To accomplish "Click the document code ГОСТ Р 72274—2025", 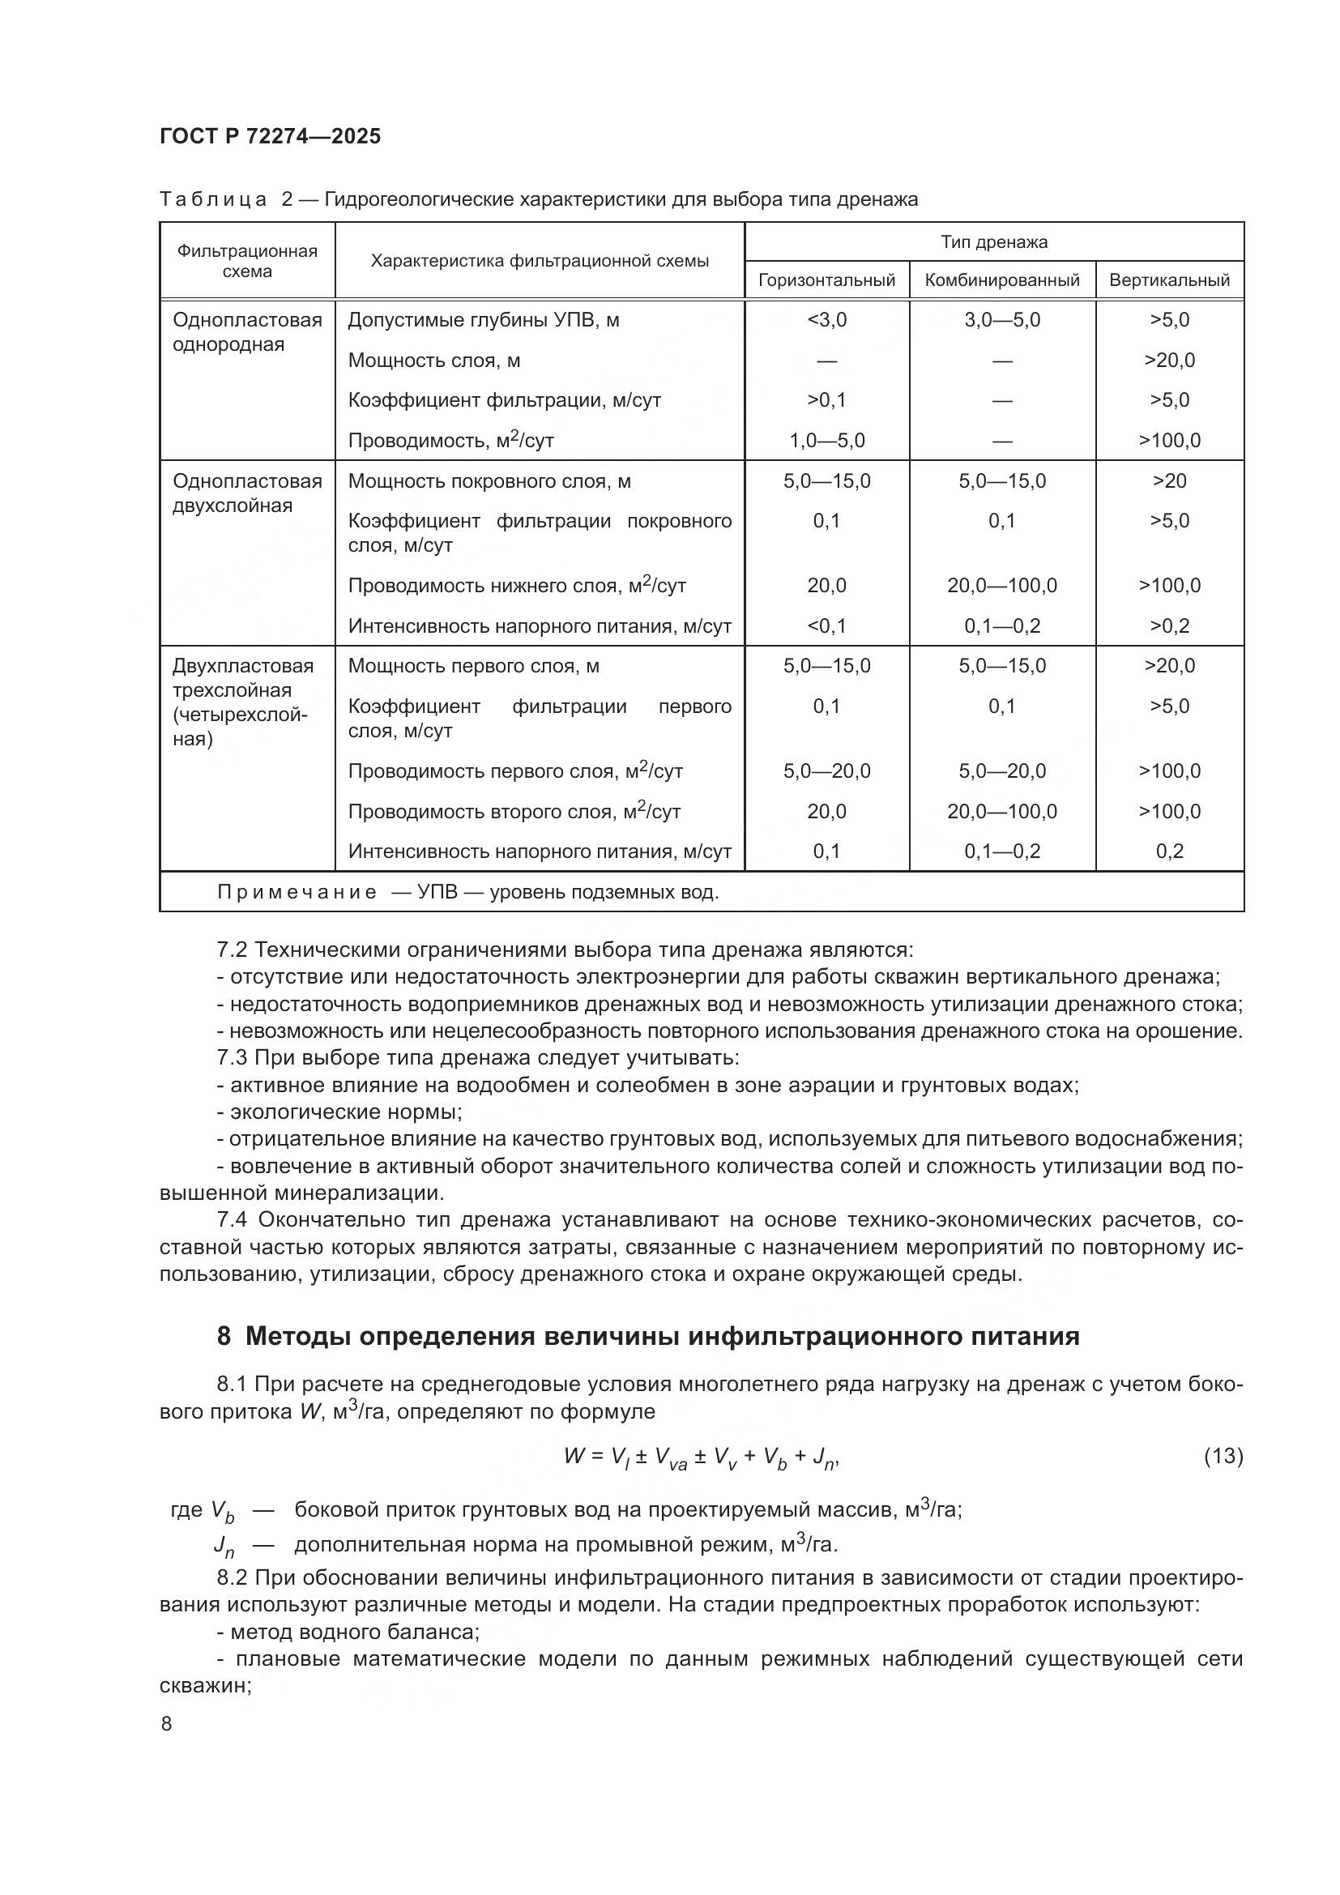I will click(270, 137).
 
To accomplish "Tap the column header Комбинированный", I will click(1001, 280).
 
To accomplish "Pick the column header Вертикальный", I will click(1168, 280).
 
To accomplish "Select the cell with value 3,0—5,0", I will click(1001, 320).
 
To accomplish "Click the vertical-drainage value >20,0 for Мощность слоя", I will click(1168, 361).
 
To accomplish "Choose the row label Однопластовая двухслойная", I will click(247, 493).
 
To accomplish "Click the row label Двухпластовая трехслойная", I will click(242, 678).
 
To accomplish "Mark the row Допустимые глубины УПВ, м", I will click(483, 320).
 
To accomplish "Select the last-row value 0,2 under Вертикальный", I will click(1168, 851).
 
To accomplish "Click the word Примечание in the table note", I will click(297, 893).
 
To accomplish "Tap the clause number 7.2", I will click(232, 950).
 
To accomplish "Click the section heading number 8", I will click(224, 1336).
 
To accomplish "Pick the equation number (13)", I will click(1223, 1457).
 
